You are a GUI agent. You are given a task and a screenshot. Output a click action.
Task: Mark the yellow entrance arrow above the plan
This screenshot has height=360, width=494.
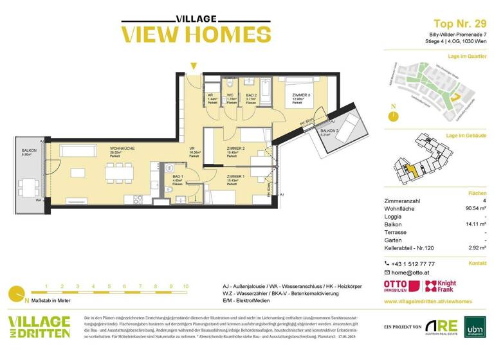(192, 66)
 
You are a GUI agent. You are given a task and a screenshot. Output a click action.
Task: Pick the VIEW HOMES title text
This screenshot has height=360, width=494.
(187, 34)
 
